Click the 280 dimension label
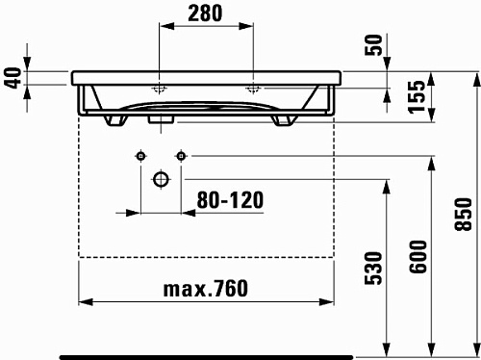coord(205,13)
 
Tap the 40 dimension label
coord(13,77)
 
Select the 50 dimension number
coord(373,45)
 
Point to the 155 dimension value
coord(417,96)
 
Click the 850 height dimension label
coord(463,214)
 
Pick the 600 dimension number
coord(418,257)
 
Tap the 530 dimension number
coord(373,269)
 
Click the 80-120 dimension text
coord(230,200)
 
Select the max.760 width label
coord(206,288)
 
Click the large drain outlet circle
coord(161,179)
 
